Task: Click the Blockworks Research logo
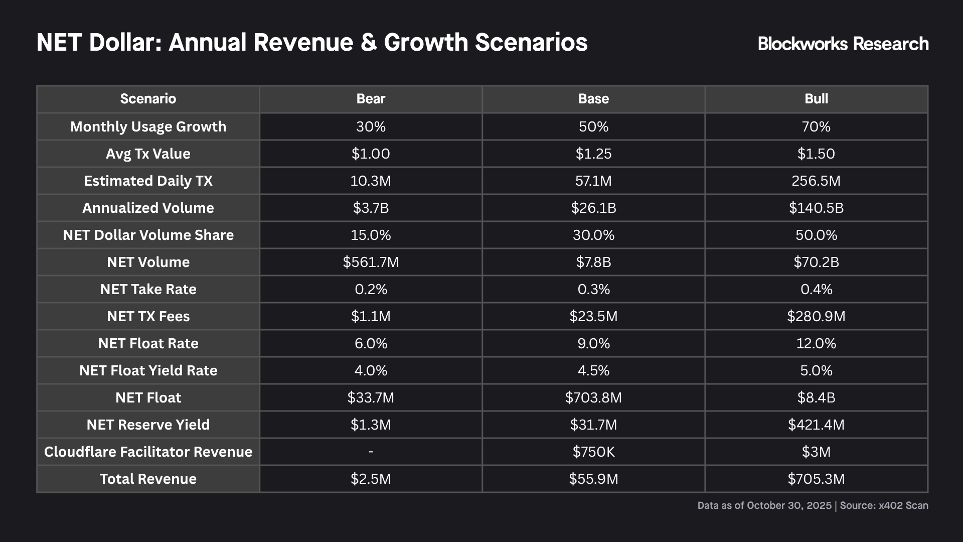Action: pos(843,44)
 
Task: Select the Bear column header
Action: pos(371,99)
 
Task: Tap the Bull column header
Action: pos(816,99)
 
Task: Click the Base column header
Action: pos(593,99)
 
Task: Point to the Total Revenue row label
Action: pos(148,479)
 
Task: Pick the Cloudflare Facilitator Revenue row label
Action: pos(148,452)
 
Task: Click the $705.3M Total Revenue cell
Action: pos(816,479)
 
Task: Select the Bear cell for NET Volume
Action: pos(371,262)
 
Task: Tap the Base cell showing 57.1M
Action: pos(593,181)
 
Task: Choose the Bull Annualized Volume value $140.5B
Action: pos(816,208)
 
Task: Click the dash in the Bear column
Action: pos(371,452)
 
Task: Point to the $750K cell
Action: pos(593,452)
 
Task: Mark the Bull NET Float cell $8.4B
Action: pos(816,397)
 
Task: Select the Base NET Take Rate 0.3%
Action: pos(593,289)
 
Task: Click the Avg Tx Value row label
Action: pos(148,154)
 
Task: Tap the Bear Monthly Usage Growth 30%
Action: pos(371,126)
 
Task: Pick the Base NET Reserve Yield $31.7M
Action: pos(593,425)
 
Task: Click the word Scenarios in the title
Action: pos(531,42)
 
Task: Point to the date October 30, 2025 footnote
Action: pos(789,505)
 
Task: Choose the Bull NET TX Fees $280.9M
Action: pos(816,316)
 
